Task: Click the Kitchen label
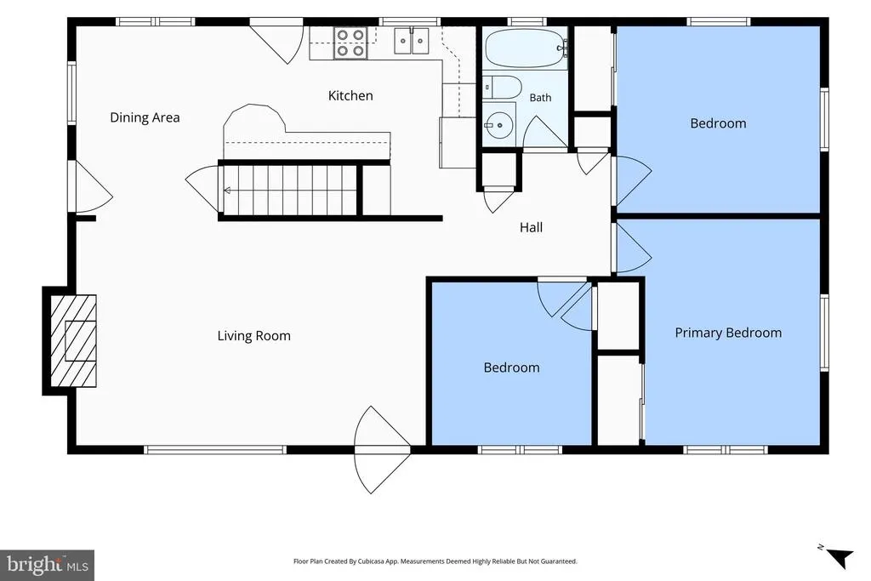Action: pos(350,95)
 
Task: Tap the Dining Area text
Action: pos(145,117)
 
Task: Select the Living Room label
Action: pos(253,336)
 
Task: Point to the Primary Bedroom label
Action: pos(728,333)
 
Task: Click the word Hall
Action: pos(531,227)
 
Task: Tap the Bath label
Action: pos(540,98)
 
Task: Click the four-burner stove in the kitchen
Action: pos(350,43)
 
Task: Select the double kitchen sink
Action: pos(412,41)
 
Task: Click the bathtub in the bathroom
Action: pos(526,48)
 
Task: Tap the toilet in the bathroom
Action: pos(502,88)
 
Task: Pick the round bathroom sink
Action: pos(498,126)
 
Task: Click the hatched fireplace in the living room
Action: pos(73,340)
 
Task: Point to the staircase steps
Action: pos(289,190)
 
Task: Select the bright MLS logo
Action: pos(48,566)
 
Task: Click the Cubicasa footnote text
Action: pos(435,561)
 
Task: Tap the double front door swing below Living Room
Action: pos(382,450)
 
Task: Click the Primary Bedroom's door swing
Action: pos(633,248)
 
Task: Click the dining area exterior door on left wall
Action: pos(94,187)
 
